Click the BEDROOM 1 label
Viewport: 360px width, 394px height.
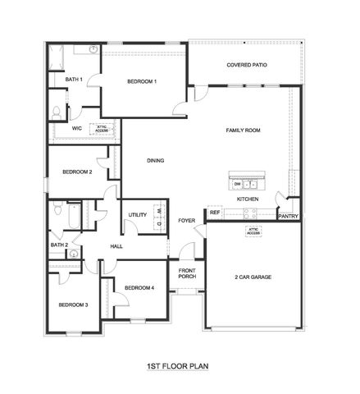tap(142, 81)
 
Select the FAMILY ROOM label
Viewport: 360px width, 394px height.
tap(244, 131)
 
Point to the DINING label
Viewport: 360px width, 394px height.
tap(156, 161)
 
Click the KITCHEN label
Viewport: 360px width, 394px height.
tap(248, 199)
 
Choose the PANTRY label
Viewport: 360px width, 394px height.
tap(288, 217)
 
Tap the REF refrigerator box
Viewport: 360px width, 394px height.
tap(215, 213)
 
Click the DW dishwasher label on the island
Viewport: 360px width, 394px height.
tap(237, 184)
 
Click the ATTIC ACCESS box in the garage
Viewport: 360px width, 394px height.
tap(253, 231)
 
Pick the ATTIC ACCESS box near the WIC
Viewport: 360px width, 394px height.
tap(102, 129)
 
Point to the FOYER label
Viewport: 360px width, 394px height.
tap(187, 220)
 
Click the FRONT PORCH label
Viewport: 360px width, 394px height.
tap(187, 273)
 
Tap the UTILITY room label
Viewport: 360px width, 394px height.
tap(137, 215)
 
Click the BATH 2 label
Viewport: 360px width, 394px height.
tap(58, 245)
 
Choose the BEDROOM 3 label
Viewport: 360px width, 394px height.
tap(72, 305)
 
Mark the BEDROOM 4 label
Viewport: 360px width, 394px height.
tap(139, 287)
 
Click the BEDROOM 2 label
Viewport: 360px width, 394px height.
tap(77, 172)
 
